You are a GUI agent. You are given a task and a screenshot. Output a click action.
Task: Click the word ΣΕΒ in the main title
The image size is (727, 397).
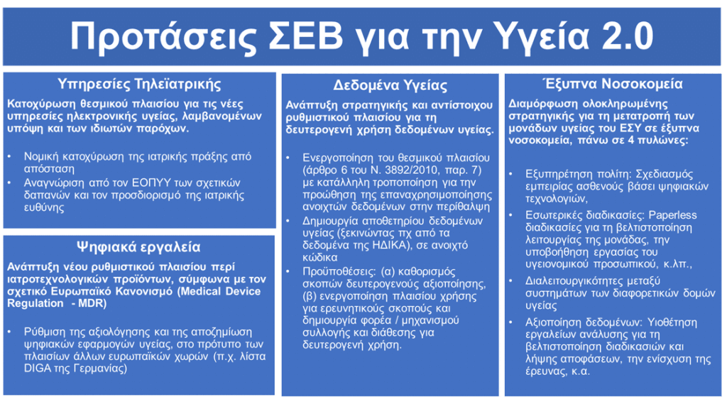pyautogui.click(x=306, y=36)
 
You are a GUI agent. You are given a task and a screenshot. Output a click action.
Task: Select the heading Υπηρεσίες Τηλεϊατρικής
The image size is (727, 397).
pyautogui.click(x=139, y=84)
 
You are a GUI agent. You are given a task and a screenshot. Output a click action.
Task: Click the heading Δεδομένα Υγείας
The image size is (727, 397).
pyautogui.click(x=390, y=85)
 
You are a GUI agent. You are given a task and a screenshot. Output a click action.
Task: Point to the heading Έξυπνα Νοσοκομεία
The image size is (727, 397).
pyautogui.click(x=613, y=84)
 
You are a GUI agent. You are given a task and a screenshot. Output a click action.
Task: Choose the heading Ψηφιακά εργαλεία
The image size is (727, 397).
pyautogui.click(x=138, y=247)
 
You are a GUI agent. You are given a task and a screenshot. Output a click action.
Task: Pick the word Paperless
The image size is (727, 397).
pyautogui.click(x=672, y=215)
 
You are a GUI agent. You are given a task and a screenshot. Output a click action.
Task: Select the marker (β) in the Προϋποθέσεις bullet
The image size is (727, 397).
pyautogui.click(x=310, y=296)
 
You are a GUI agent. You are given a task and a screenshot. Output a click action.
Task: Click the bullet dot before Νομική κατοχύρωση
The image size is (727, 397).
pyautogui.click(x=10, y=156)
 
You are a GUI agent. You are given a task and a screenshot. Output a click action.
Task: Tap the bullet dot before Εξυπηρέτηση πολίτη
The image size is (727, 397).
pyautogui.click(x=511, y=175)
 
